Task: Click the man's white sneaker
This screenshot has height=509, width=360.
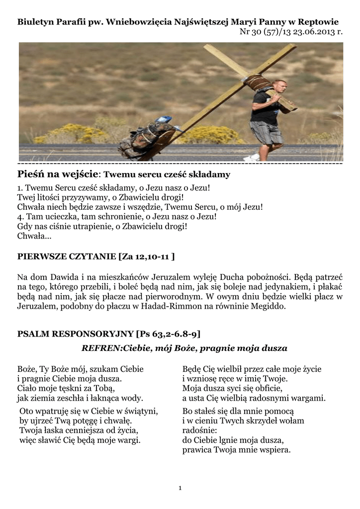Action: (252, 157)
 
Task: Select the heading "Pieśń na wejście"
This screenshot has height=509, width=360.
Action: (59, 174)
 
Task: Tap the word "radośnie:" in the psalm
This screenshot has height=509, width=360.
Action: (199, 430)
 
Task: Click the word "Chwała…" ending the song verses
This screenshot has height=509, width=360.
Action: (34, 237)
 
